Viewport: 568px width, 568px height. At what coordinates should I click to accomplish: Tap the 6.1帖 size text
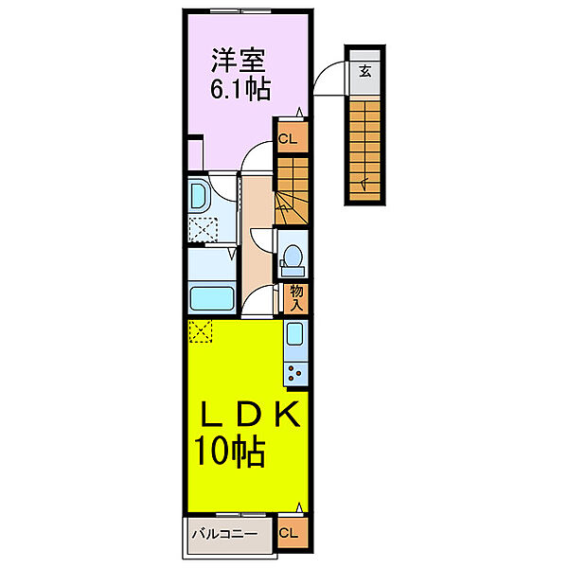click(240, 90)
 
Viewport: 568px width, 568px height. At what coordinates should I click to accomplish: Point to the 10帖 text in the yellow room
click(230, 451)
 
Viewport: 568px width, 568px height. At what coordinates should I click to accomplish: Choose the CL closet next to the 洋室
click(288, 139)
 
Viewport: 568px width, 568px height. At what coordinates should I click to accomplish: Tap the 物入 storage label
click(295, 297)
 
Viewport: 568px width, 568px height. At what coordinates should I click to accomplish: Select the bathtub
click(213, 298)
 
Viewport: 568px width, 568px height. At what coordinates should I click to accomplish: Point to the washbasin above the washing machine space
click(202, 196)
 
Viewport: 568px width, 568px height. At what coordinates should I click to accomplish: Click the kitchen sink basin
click(294, 335)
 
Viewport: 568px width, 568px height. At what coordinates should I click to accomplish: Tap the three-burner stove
click(294, 372)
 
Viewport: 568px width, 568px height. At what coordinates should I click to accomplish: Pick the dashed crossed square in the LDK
click(200, 330)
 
